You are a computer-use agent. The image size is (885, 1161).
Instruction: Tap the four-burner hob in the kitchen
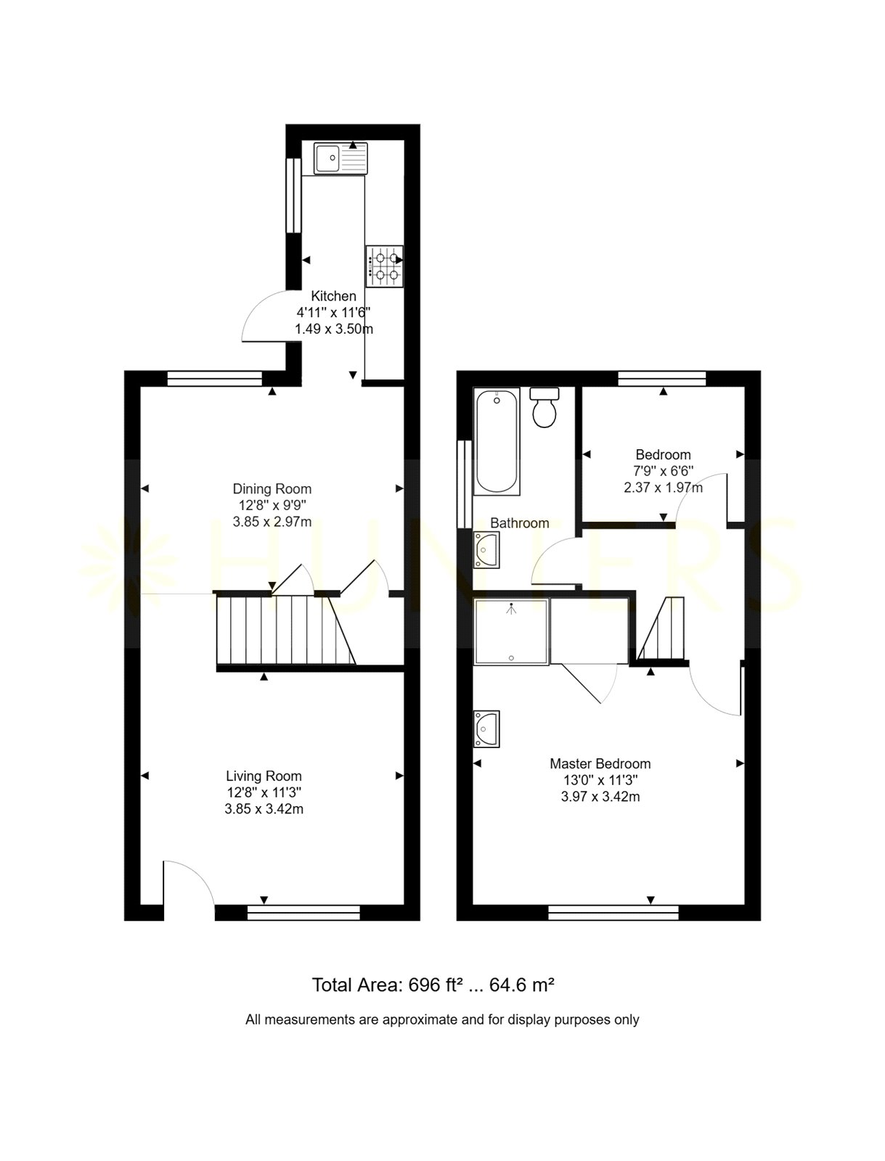(x=385, y=266)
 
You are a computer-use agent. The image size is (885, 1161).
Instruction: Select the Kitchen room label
(x=333, y=295)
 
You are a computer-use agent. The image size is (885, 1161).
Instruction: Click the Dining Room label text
(x=272, y=489)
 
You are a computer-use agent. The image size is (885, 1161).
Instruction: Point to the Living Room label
(x=264, y=776)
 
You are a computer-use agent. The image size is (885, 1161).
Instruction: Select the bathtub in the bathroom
(x=496, y=441)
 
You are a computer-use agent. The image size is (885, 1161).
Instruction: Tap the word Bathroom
(x=520, y=523)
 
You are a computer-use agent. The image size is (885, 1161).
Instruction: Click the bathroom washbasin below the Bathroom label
(x=486, y=550)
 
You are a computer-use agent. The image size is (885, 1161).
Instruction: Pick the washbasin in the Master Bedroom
(x=486, y=729)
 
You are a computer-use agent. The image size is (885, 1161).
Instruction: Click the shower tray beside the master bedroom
(x=511, y=631)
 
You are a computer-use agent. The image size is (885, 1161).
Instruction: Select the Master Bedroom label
(x=600, y=764)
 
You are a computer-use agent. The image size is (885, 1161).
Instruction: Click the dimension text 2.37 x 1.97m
(x=663, y=488)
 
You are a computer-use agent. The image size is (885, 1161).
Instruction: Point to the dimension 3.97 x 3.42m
(x=600, y=797)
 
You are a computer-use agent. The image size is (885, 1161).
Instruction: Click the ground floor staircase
(x=285, y=629)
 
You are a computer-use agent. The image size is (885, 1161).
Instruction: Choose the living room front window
(x=303, y=912)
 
